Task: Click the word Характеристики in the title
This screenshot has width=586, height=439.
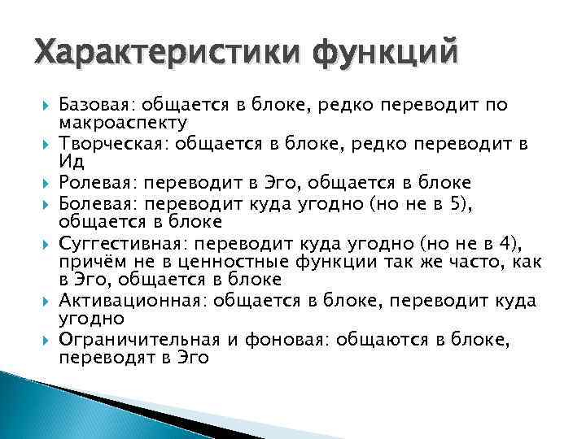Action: (155, 55)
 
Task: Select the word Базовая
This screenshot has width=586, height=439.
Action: (97, 106)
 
